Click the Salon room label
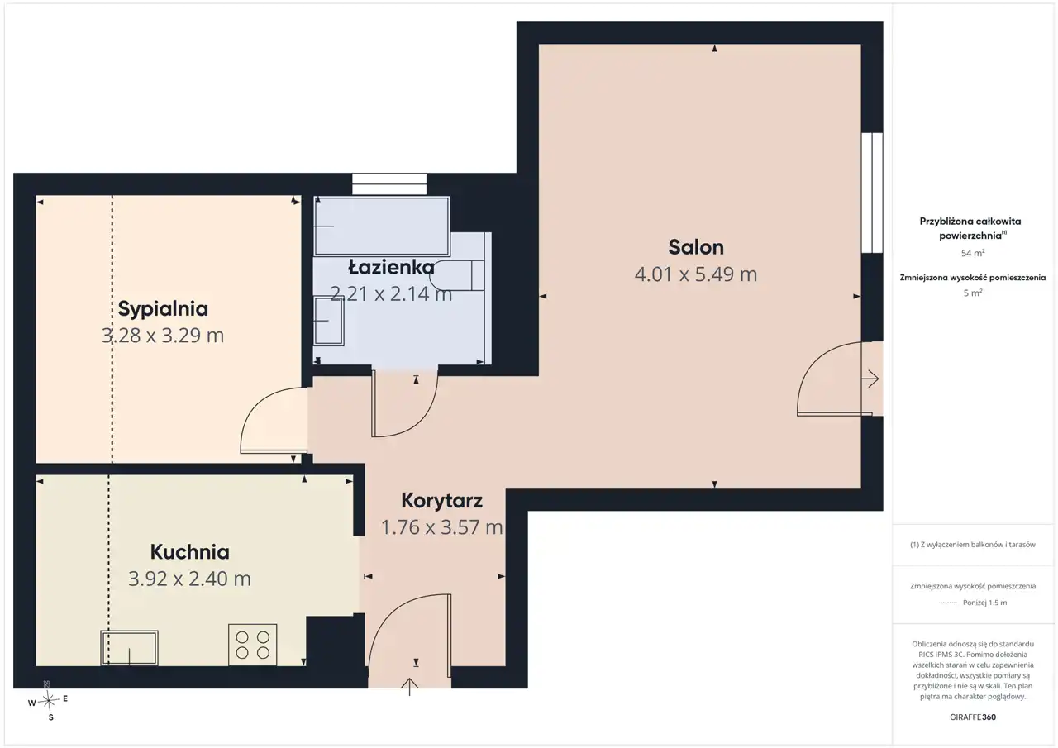click(696, 247)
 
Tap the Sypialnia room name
click(163, 309)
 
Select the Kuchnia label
click(190, 551)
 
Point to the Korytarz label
click(441, 501)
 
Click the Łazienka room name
click(391, 268)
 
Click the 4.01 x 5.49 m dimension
click(696, 274)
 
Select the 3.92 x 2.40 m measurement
click(190, 579)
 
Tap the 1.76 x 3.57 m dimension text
click(441, 527)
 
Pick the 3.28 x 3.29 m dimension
click(163, 336)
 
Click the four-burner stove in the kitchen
click(253, 645)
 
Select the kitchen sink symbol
click(130, 647)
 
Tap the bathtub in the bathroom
click(382, 226)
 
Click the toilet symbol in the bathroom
click(458, 275)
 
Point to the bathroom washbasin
click(329, 322)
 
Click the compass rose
click(48, 701)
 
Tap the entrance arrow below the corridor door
click(409, 687)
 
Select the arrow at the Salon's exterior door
click(870, 379)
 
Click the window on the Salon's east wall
click(872, 193)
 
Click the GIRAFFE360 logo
click(973, 717)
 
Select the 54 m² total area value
click(973, 253)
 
